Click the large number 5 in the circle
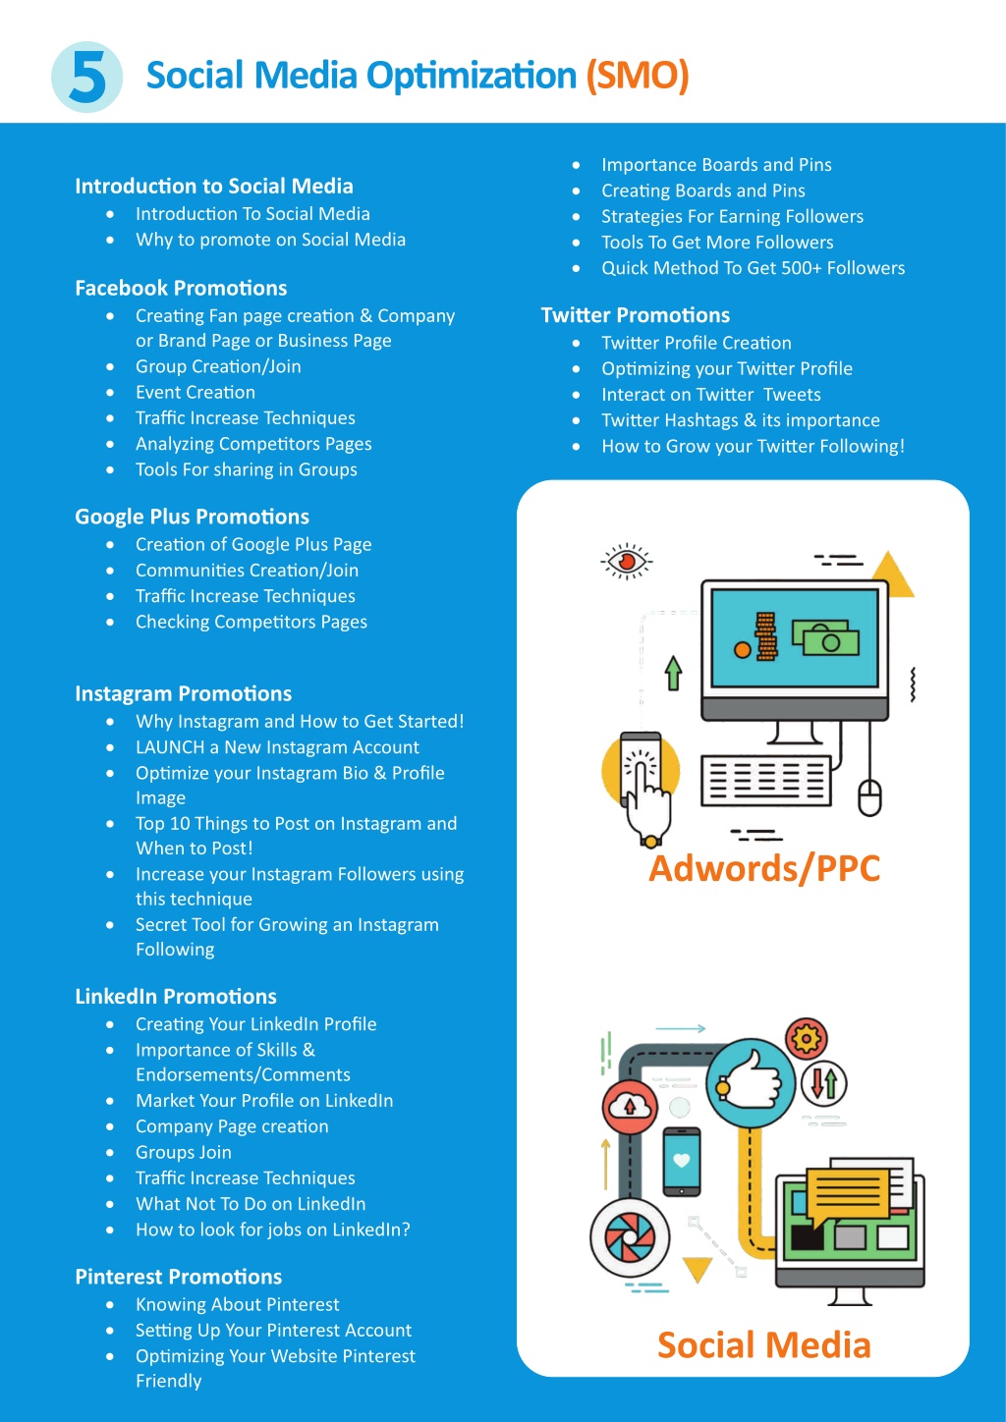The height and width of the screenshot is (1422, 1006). coord(88,78)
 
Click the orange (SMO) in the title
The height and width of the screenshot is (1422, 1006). coord(638,76)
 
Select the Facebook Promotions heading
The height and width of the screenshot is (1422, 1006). coord(181,288)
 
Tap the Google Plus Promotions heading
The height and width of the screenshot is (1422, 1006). coord(192,517)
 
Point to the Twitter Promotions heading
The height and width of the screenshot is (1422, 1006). coord(635,315)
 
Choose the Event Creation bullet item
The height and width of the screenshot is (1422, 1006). coord(196,392)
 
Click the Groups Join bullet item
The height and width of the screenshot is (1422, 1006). coord(184,1152)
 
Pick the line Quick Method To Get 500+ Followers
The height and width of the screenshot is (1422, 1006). coord(754,268)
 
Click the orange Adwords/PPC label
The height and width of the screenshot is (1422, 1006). coord(764,868)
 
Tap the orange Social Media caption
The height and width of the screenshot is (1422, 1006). coord(764,1344)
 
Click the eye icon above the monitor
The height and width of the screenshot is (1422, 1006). coord(626,561)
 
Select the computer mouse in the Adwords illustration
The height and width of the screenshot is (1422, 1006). coord(869,797)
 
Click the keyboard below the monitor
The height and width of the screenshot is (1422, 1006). coord(766,780)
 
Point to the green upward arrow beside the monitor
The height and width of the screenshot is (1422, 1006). coord(673,673)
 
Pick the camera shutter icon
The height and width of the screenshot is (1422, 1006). coord(630,1237)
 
